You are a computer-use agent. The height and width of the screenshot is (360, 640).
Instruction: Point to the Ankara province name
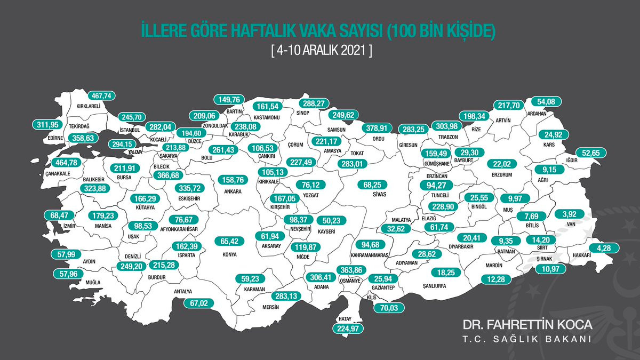233,191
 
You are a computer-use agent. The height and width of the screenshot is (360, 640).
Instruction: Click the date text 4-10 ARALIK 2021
320,52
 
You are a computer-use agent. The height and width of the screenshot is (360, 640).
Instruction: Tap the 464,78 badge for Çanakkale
67,163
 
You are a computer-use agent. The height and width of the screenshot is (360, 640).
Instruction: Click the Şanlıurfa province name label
433,285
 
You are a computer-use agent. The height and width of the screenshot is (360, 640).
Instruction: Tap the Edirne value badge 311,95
47,125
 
